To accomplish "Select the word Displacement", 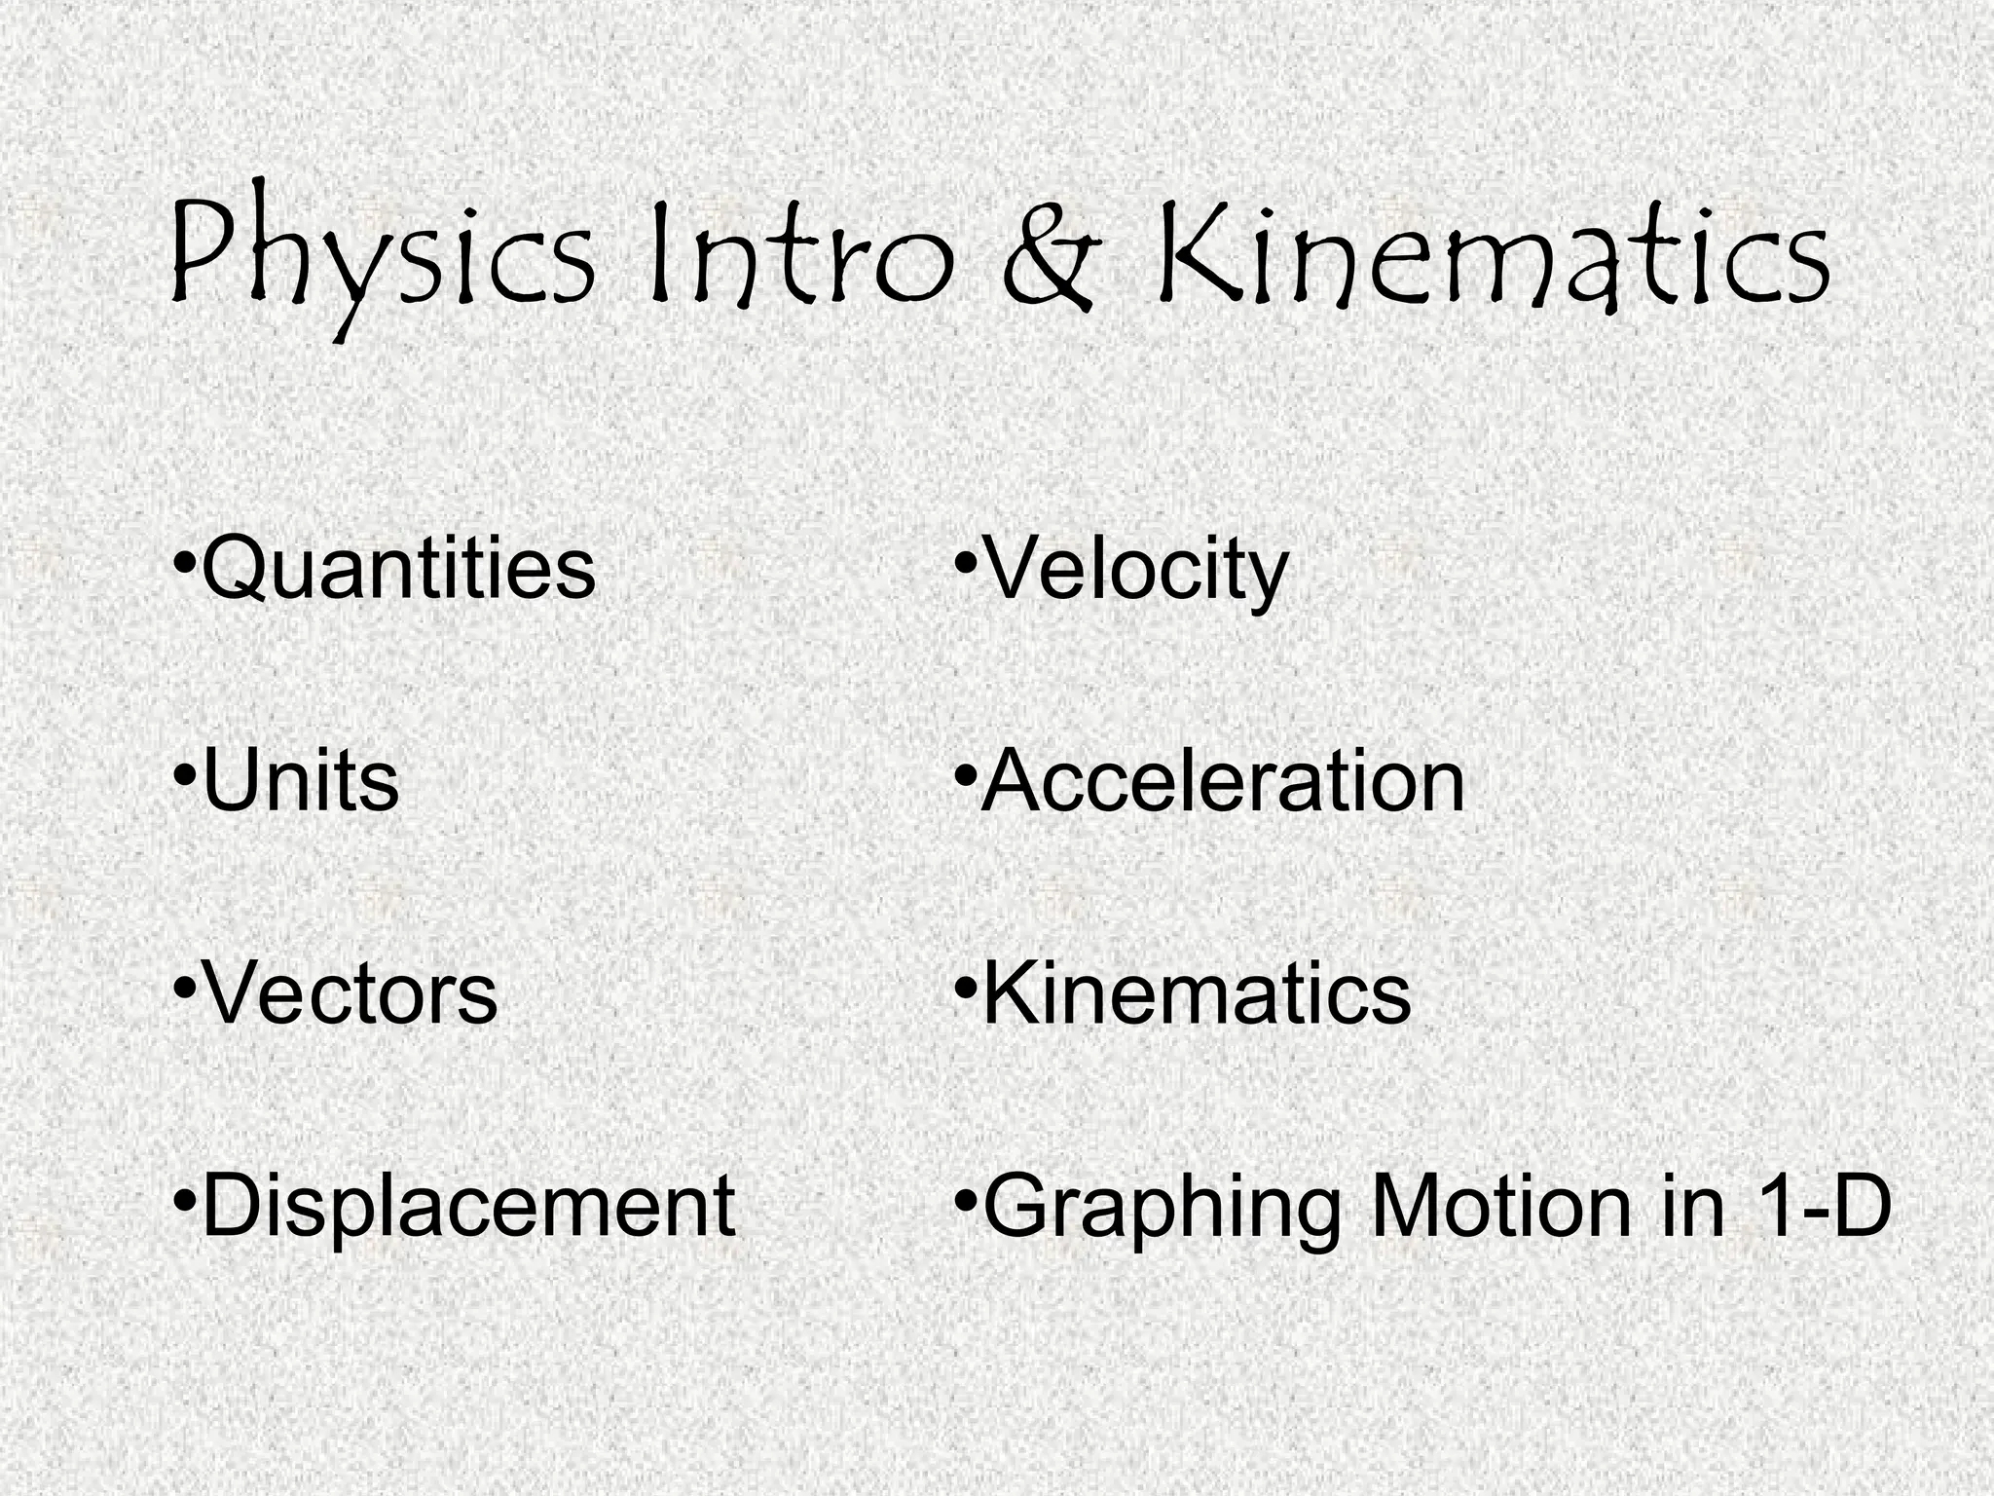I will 468,1206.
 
